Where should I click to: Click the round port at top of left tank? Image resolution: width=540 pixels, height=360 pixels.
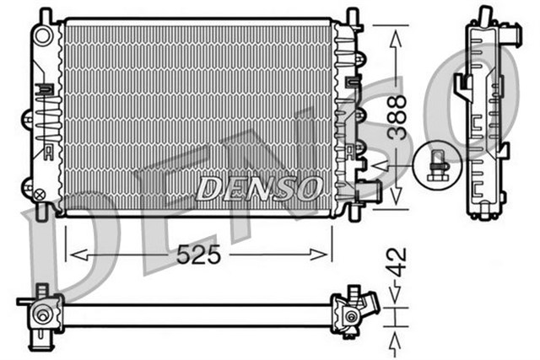tap(42, 35)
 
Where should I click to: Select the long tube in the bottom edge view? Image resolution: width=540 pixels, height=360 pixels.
tap(194, 315)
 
